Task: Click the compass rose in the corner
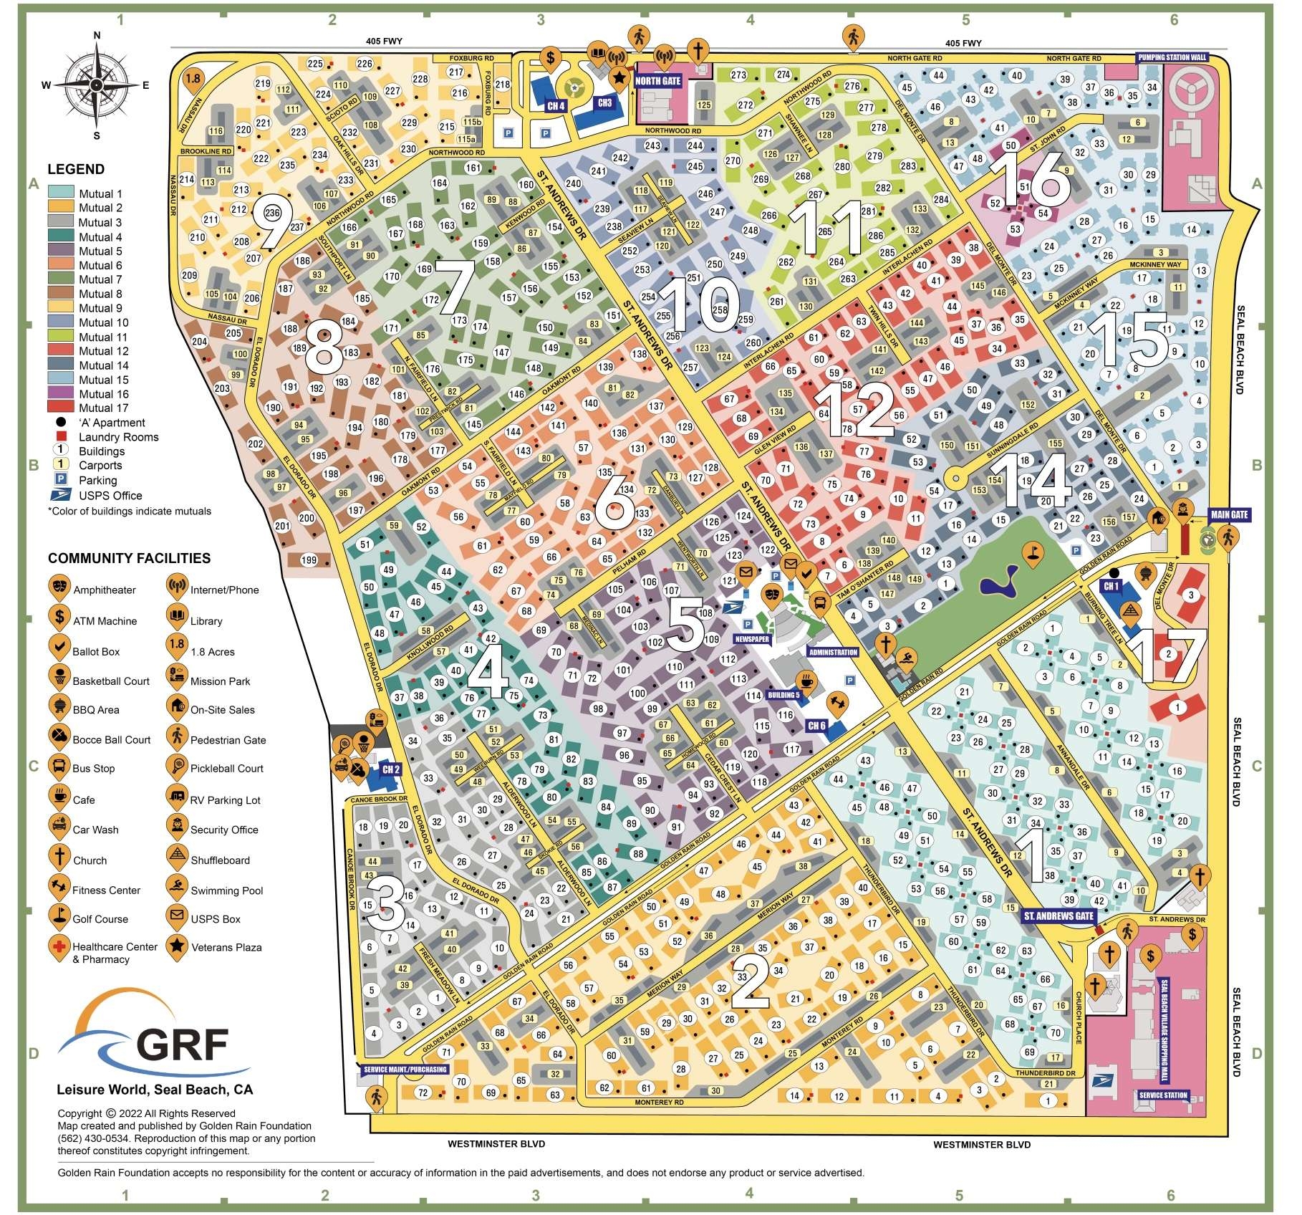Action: pyautogui.click(x=97, y=85)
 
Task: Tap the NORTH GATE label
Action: pyautogui.click(x=657, y=81)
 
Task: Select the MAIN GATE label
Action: pyautogui.click(x=1229, y=514)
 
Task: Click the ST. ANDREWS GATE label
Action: pyautogui.click(x=1059, y=916)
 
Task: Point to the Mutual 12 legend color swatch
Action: pyautogui.click(x=60, y=351)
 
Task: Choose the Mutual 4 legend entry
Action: pyautogui.click(x=100, y=237)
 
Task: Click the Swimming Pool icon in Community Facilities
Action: pyautogui.click(x=177, y=889)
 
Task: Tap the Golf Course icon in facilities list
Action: pyautogui.click(x=59, y=918)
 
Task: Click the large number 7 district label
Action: pyautogui.click(x=454, y=288)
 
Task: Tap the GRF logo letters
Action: pyautogui.click(x=183, y=1044)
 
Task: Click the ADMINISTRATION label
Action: pyautogui.click(x=833, y=652)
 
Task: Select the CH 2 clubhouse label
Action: pyautogui.click(x=391, y=769)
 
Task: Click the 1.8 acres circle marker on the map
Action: pyautogui.click(x=193, y=78)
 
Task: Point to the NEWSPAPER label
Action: pyautogui.click(x=751, y=639)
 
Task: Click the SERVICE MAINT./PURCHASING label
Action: pyautogui.click(x=405, y=1070)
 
